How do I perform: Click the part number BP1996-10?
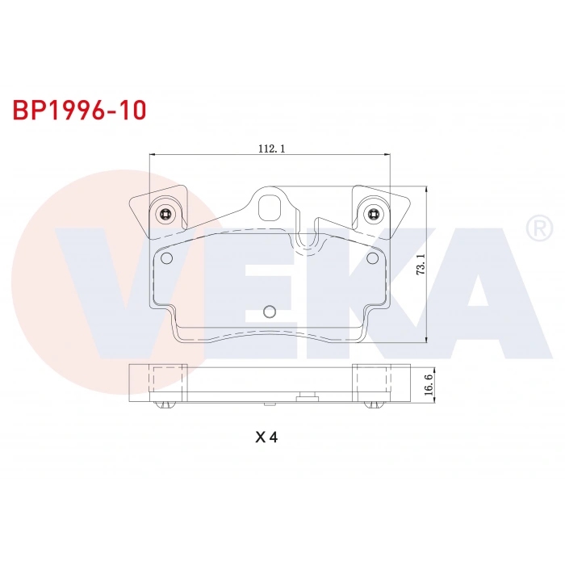[79, 110]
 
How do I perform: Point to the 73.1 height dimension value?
[421, 264]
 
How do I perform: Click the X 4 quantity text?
[266, 437]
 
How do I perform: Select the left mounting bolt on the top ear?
[165, 214]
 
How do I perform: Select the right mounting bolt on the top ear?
[372, 214]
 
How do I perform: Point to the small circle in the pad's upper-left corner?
[167, 258]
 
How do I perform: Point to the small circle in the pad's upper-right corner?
[372, 258]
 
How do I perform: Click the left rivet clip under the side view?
[167, 404]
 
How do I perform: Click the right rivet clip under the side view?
[372, 404]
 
